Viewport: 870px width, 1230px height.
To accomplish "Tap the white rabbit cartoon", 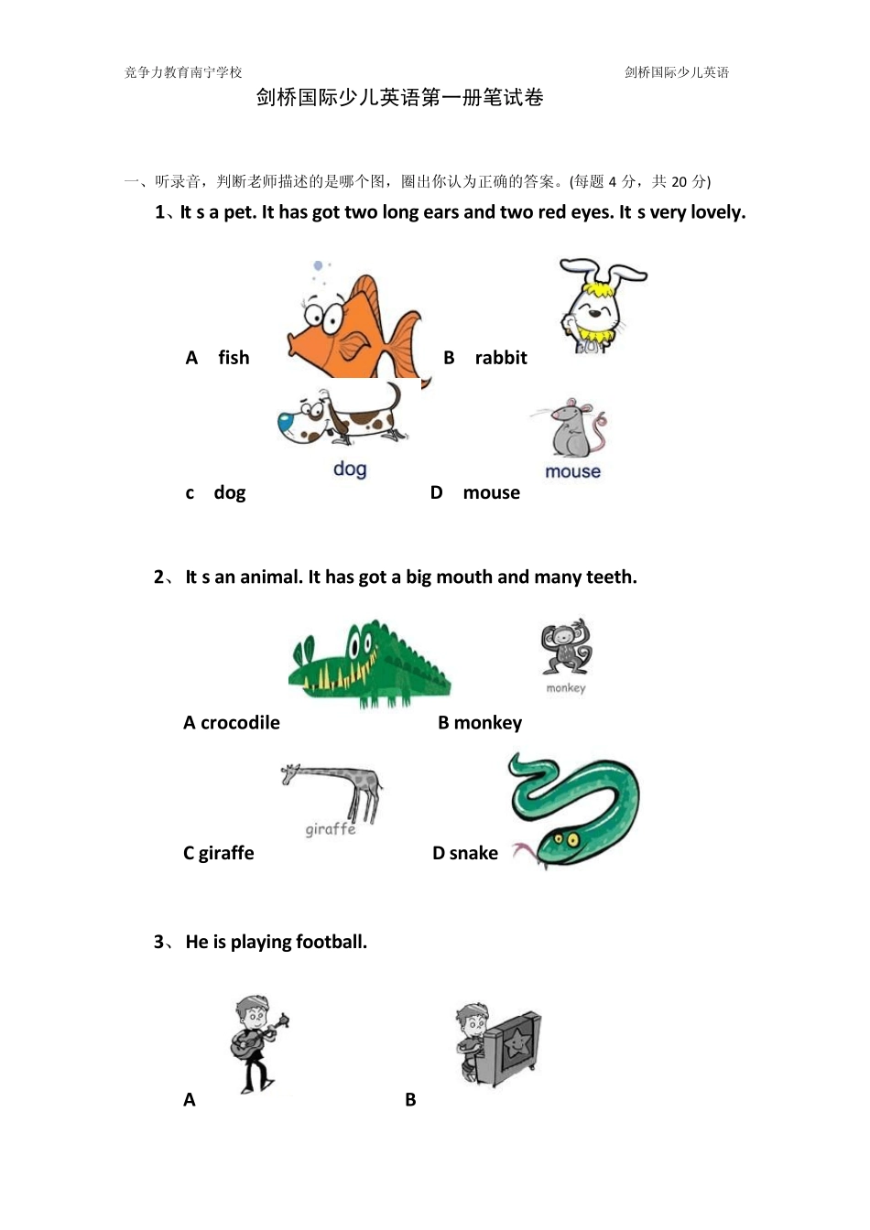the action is [x=602, y=306].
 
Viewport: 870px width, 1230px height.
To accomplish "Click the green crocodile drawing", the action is [x=369, y=664].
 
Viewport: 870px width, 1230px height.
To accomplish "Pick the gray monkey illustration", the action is [x=566, y=646].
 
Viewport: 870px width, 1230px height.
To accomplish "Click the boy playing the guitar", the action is [x=258, y=1043].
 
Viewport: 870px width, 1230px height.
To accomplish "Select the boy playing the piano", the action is [x=497, y=1044].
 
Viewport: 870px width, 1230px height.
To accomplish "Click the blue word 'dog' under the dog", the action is [x=350, y=469].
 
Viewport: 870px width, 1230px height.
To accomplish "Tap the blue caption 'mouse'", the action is [x=572, y=471].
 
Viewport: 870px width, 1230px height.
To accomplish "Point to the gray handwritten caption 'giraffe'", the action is [x=331, y=830].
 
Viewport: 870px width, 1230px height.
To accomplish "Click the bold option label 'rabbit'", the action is [x=501, y=358].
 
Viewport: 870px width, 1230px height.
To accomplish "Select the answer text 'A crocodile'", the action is [x=232, y=723].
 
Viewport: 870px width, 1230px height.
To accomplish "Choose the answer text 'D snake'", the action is [x=465, y=853].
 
